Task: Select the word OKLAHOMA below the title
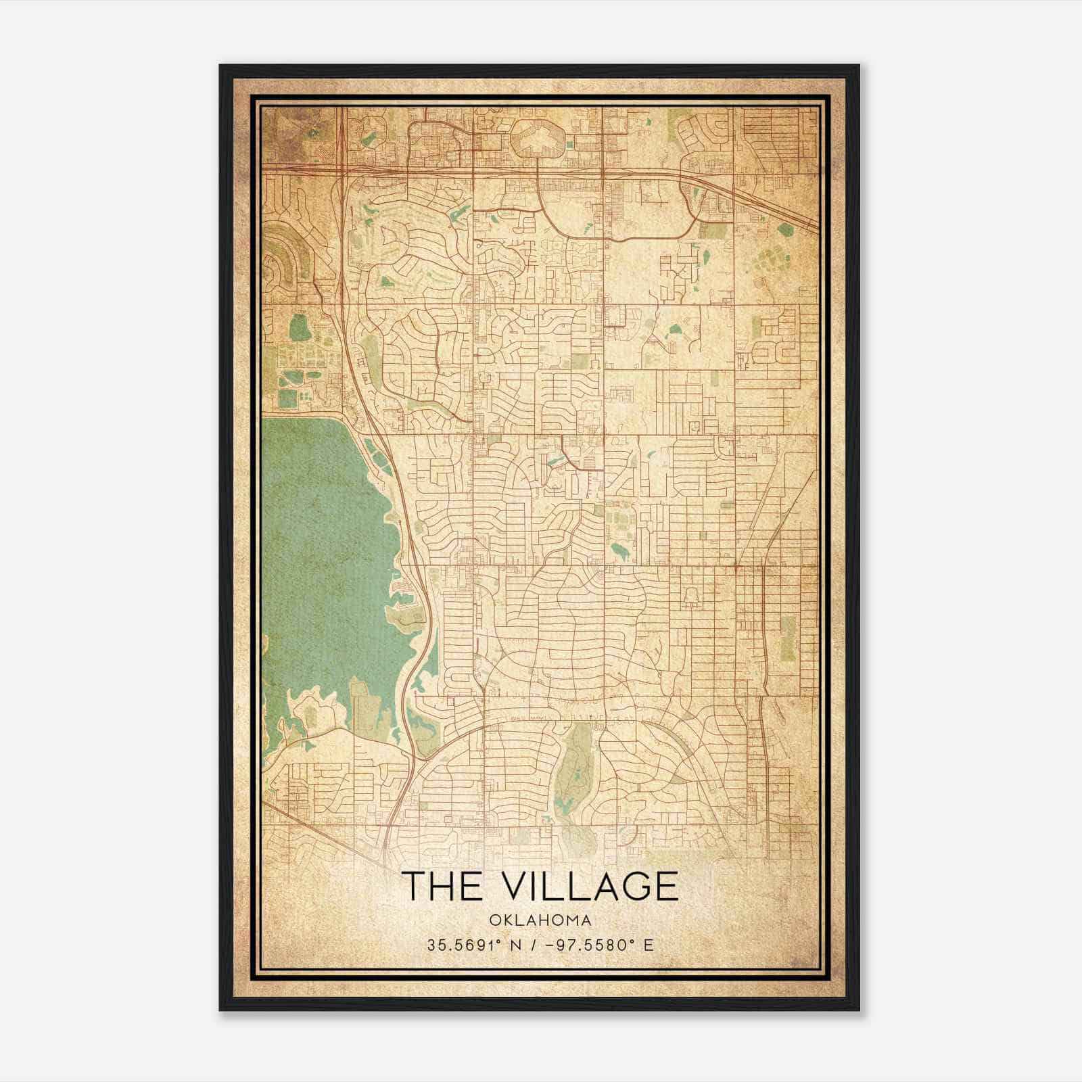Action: click(540, 920)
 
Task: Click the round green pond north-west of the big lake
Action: click(298, 329)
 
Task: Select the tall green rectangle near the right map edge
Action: click(788, 638)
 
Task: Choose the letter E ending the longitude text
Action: click(649, 945)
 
